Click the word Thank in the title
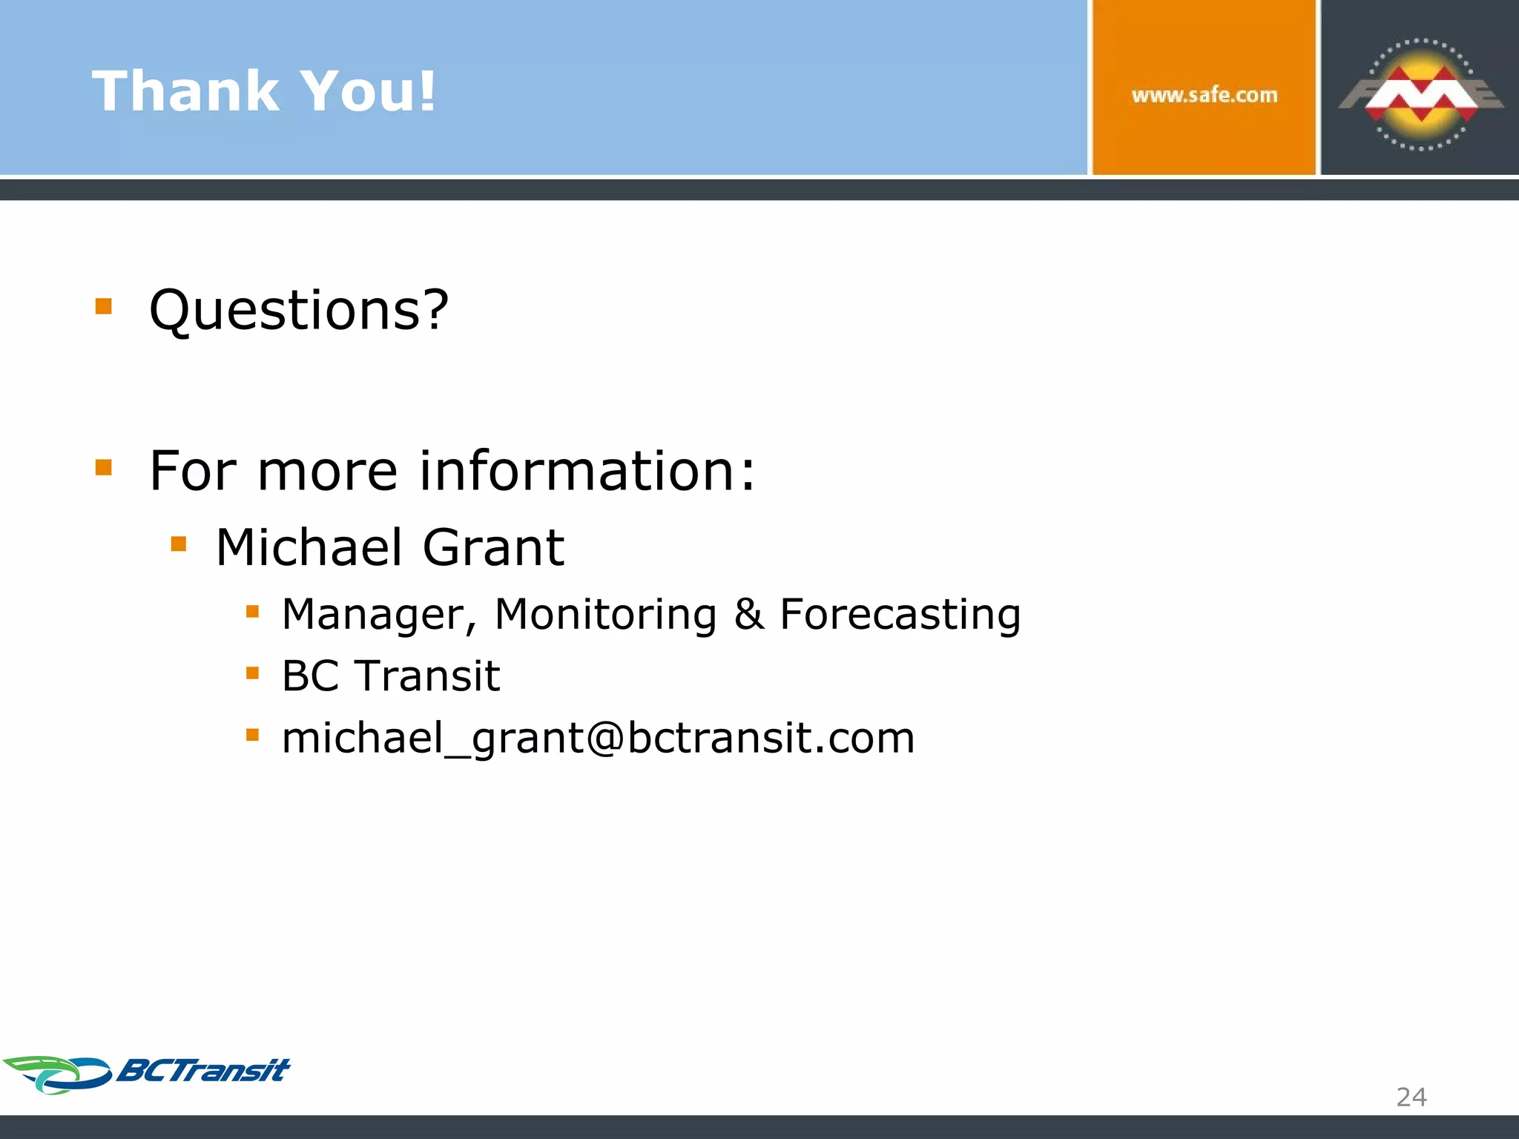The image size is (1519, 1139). pos(185,91)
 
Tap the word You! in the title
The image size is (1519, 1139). pos(368,91)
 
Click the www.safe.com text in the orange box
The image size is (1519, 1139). pos(1205,95)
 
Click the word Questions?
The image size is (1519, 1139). pos(299,310)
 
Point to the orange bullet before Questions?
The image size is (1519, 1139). pos(104,306)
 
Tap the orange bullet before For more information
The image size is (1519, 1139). pos(104,467)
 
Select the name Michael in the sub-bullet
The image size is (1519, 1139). pos(309,547)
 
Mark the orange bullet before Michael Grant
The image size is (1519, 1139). pos(179,545)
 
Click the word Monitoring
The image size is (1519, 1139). pos(605,615)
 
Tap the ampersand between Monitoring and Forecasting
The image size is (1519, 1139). pos(749,615)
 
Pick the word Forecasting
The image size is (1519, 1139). pos(900,615)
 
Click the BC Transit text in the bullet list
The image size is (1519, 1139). pos(391,676)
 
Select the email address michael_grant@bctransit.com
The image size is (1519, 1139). pos(598,739)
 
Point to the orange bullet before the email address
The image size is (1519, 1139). pos(253,735)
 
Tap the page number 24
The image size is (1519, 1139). pos(1411,1097)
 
